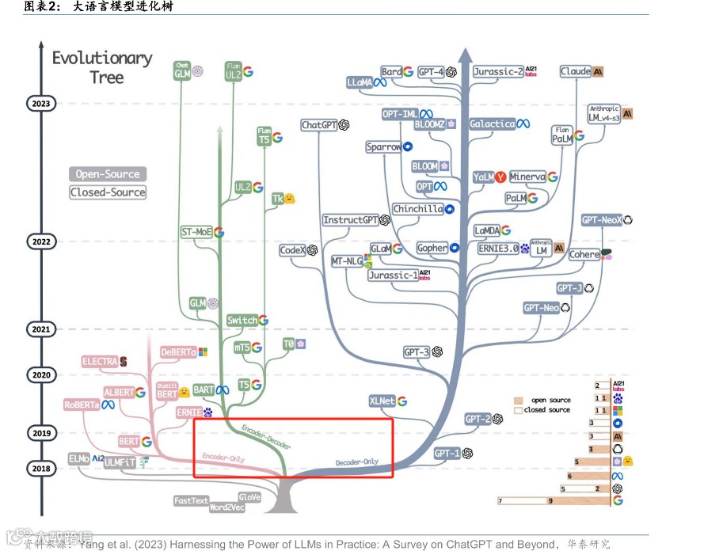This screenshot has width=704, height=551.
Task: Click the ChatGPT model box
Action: click(x=318, y=125)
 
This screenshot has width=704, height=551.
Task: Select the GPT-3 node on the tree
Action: click(x=416, y=351)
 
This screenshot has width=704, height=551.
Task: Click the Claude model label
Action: click(x=576, y=71)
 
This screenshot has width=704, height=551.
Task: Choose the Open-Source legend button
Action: click(x=108, y=174)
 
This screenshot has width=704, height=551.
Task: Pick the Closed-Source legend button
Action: click(x=108, y=192)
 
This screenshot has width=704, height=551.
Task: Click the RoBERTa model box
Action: click(x=82, y=405)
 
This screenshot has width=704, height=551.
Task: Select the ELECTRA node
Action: click(x=100, y=362)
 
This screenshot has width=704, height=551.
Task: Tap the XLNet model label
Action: click(x=382, y=401)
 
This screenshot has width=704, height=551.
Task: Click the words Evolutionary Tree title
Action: click(x=102, y=67)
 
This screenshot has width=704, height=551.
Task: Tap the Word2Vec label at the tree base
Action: click(x=227, y=507)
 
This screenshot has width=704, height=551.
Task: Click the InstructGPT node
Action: click(x=351, y=220)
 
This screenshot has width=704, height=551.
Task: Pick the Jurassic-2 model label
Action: click(x=498, y=71)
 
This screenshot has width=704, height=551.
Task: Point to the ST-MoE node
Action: click(x=196, y=232)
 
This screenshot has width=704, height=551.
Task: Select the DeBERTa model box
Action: click(x=178, y=351)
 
